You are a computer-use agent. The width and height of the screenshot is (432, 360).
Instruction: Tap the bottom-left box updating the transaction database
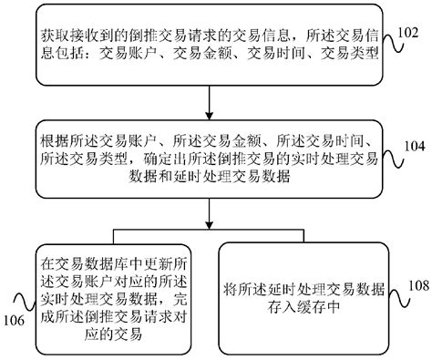(x=112, y=293)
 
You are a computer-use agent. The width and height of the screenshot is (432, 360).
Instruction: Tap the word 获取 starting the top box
(x=53, y=36)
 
